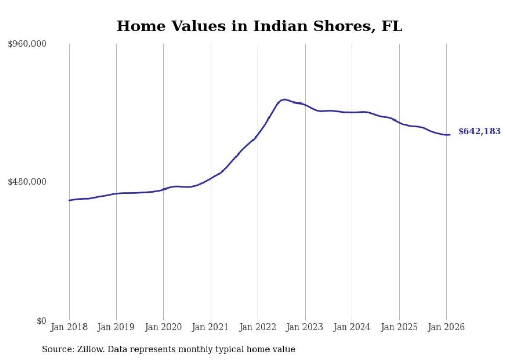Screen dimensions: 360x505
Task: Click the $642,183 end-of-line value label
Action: point(479,132)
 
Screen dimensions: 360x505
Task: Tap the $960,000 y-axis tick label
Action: point(27,44)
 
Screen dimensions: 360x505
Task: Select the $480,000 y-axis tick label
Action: point(27,182)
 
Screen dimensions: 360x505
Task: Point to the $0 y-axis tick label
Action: point(41,321)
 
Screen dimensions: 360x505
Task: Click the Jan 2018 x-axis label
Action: point(69,327)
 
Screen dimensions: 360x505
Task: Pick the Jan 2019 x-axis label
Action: point(116,327)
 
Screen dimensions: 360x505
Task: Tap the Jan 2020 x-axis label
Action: point(163,327)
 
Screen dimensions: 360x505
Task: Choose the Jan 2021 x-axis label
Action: point(211,327)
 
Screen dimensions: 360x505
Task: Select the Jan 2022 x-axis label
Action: point(258,327)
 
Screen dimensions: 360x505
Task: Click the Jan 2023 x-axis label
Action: point(305,327)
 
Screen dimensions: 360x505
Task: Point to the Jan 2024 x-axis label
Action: point(352,327)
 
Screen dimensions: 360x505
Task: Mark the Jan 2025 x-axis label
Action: point(399,327)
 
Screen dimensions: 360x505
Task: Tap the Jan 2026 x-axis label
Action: point(446,327)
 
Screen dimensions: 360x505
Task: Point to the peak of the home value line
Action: point(284,99)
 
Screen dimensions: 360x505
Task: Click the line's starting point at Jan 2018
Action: point(69,200)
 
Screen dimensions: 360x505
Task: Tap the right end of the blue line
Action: point(450,135)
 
